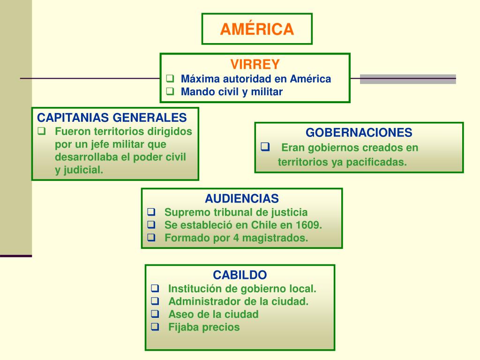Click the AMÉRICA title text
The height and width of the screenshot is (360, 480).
257,29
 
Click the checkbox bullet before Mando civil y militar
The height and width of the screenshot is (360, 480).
170,91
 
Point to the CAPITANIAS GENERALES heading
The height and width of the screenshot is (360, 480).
112,117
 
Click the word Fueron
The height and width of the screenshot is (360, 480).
70,131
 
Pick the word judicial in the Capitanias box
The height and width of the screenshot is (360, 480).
84,170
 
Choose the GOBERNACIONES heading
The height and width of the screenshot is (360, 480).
359,132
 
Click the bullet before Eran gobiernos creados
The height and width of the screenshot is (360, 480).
265,147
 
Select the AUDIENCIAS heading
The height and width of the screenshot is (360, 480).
242,198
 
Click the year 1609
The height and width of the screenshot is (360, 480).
309,225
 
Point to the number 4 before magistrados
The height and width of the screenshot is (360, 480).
236,238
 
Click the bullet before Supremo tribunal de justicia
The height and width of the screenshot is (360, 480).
151,211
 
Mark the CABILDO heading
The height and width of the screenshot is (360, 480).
240,275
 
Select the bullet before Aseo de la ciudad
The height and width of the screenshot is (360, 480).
155,314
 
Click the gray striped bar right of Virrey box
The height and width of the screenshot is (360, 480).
408,79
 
